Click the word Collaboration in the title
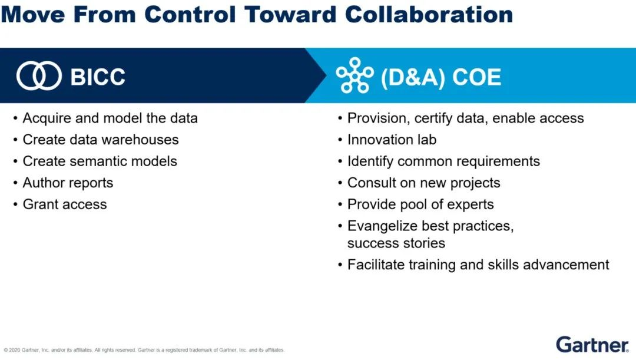(429, 14)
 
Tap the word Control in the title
(190, 14)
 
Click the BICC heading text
(98, 77)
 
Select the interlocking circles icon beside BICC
(39, 76)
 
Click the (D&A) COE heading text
(441, 77)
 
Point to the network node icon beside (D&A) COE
(355, 75)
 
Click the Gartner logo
(592, 345)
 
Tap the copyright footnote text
(144, 350)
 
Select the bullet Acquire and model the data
(110, 118)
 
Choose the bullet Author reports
(68, 183)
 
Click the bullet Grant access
(65, 204)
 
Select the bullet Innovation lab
(392, 140)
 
